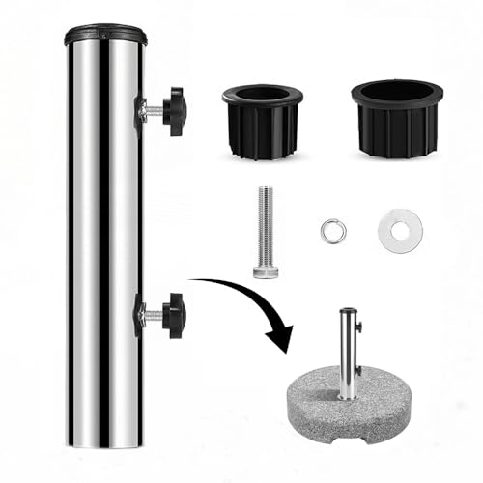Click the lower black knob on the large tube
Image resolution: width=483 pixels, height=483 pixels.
coord(174,312)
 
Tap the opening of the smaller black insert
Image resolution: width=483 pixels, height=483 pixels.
coord(262,96)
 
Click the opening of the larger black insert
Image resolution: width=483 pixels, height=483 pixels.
coord(396,92)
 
